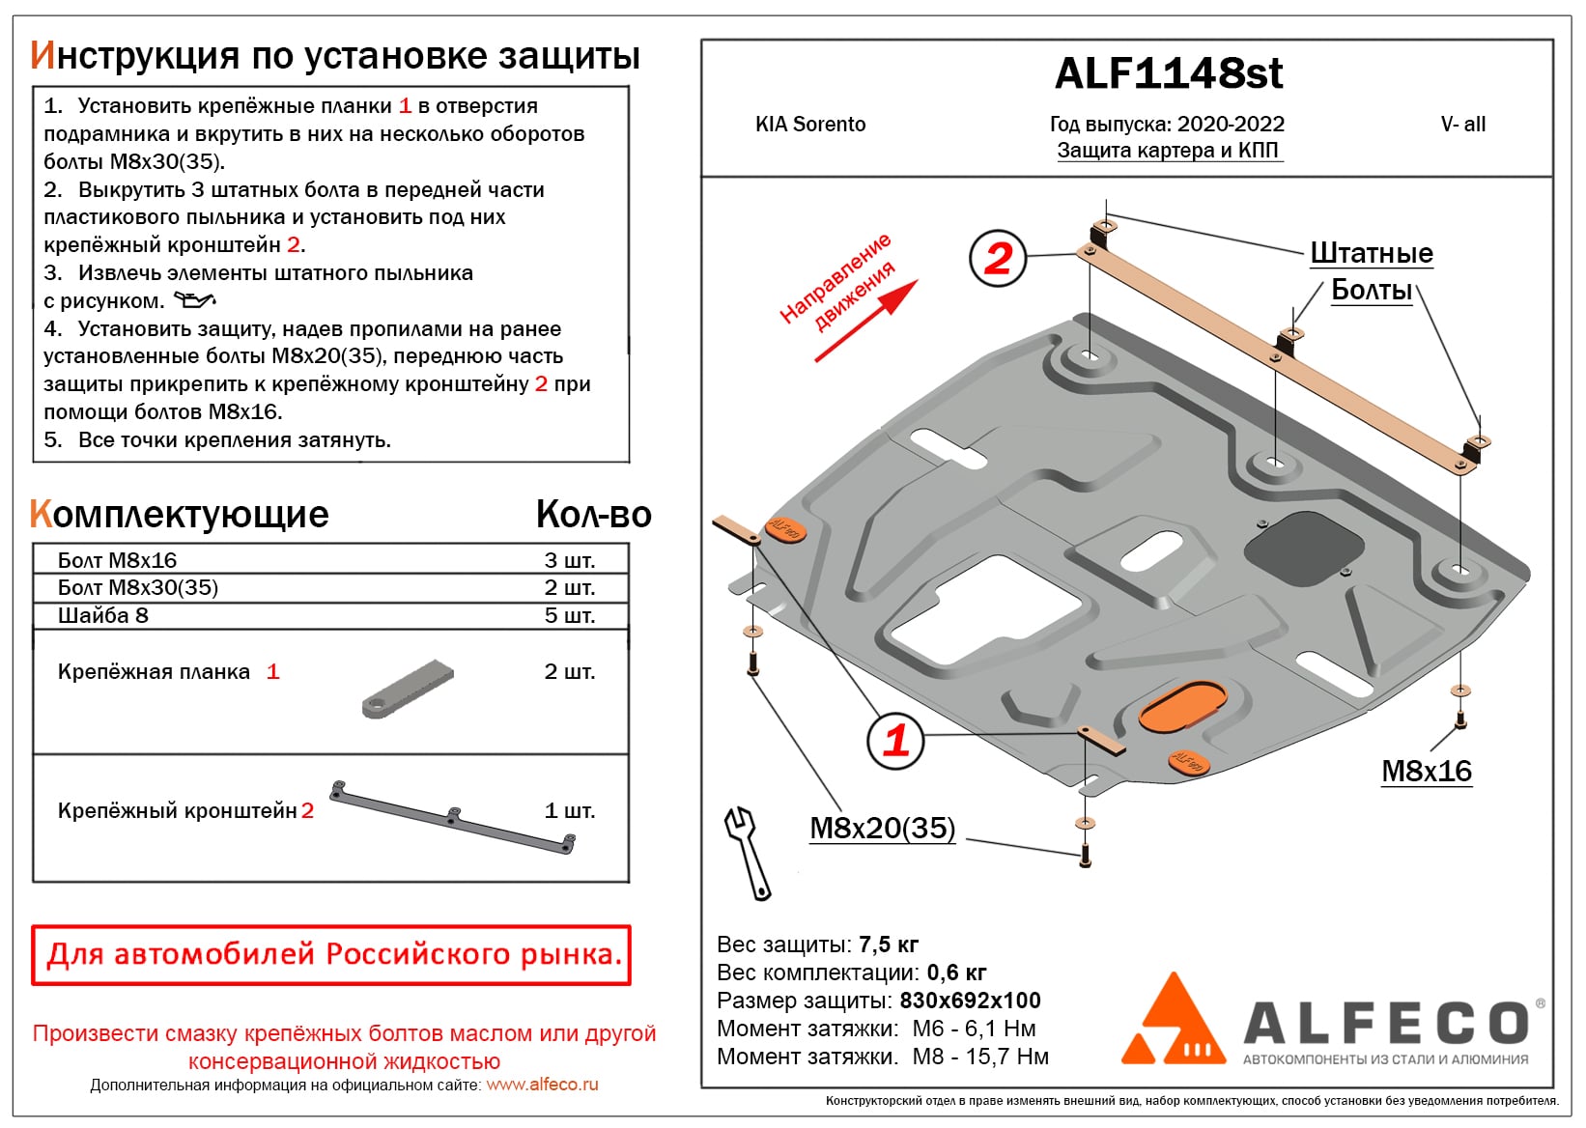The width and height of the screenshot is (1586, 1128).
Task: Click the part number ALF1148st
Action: coord(1168,73)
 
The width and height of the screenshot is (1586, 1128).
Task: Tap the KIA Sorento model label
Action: coord(809,125)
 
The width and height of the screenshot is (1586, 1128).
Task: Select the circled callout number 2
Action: coord(998,258)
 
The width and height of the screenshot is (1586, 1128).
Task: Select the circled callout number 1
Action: coord(895,740)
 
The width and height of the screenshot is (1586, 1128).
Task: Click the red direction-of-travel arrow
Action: coord(865,321)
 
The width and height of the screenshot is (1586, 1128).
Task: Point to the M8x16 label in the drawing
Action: coord(1426,771)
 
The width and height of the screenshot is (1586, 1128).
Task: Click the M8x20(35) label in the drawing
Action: coord(882,828)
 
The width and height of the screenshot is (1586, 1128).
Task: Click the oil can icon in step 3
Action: coord(194,300)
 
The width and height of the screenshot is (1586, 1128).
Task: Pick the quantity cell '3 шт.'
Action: coord(569,560)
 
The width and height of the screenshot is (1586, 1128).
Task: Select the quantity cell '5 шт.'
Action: coord(569,615)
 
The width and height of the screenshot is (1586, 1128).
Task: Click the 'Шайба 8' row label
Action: coord(102,615)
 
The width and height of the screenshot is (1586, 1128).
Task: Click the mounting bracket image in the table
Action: coord(453,817)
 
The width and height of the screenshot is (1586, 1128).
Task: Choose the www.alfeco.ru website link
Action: coord(542,1085)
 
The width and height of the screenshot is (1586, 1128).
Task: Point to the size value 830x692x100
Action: coord(970,1000)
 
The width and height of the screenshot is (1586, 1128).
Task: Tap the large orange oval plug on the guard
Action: coord(1182,706)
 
